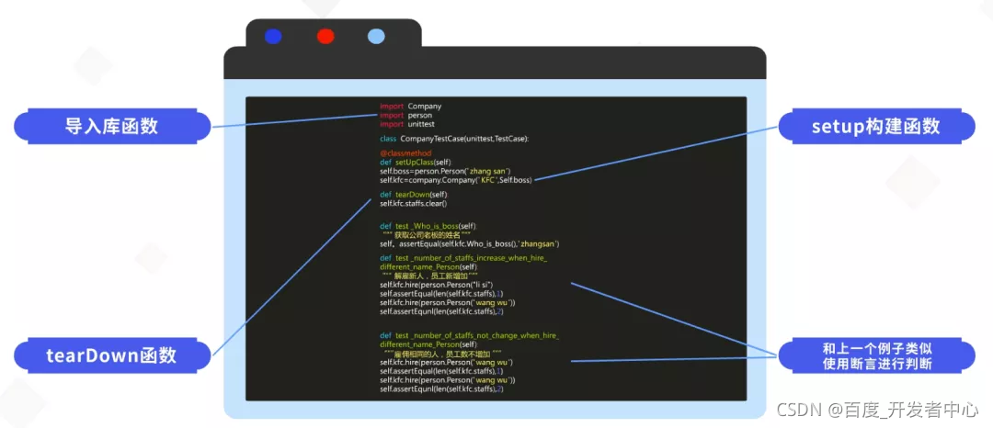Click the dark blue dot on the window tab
tap(273, 37)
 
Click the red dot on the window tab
tap(325, 37)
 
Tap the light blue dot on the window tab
tap(376, 37)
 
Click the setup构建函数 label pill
tap(875, 126)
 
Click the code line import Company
tap(410, 107)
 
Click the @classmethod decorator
tap(400, 152)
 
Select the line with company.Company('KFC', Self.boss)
tap(455, 180)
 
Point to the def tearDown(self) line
tap(414, 195)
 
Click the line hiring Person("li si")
tap(436, 285)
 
